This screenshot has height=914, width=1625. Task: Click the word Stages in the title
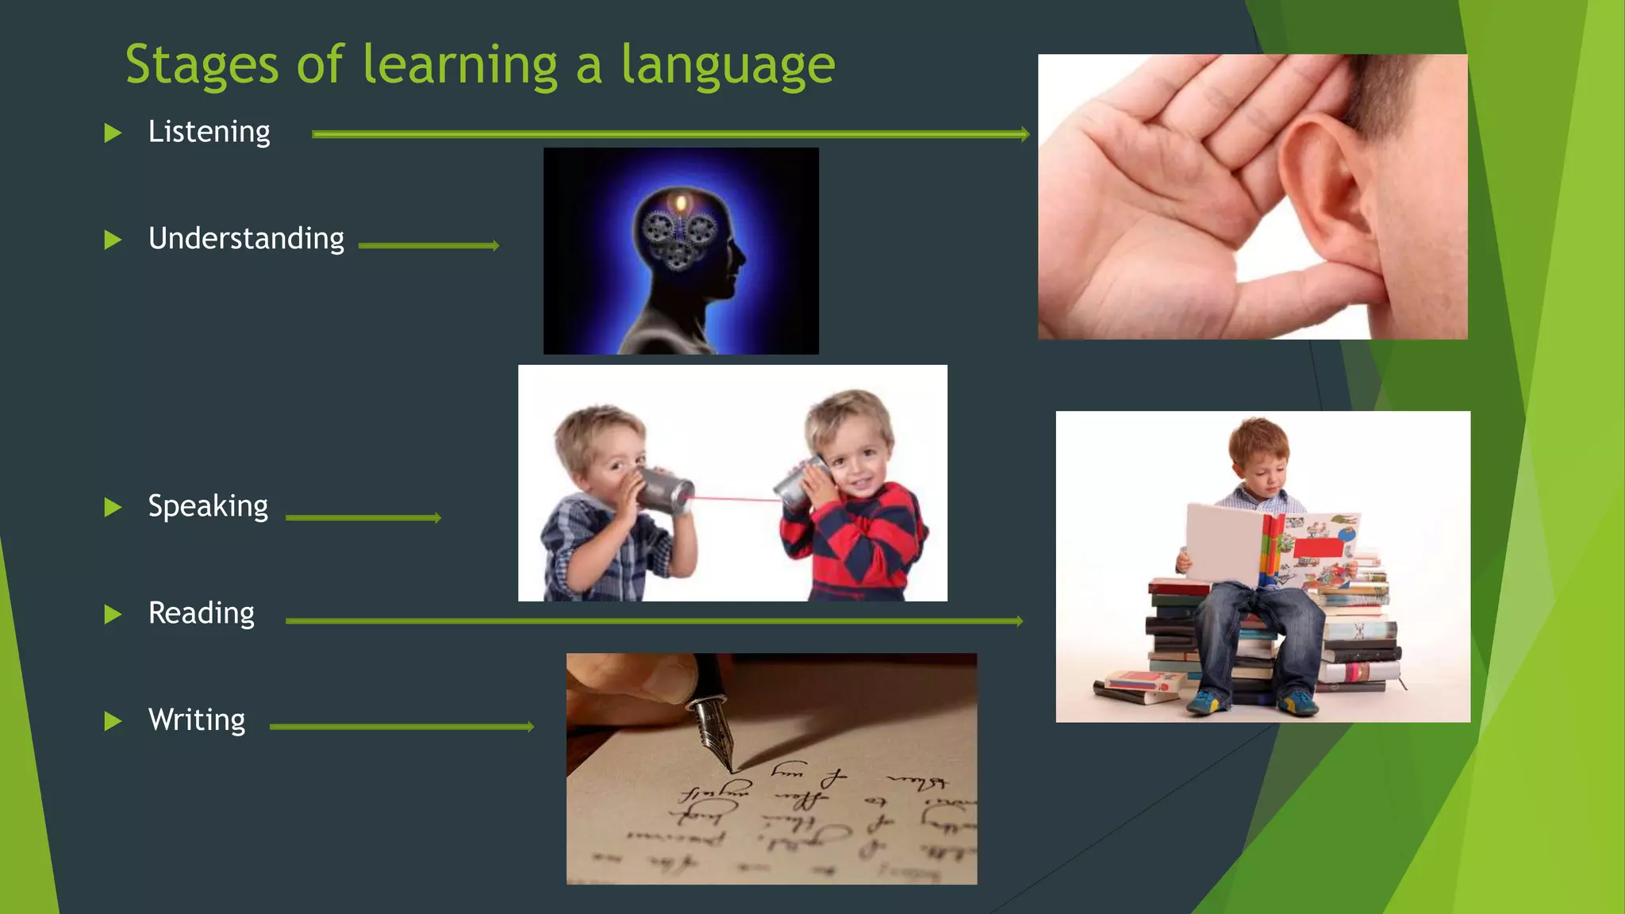(202, 65)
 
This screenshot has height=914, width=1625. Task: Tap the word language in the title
(728, 67)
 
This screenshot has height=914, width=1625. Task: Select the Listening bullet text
(209, 132)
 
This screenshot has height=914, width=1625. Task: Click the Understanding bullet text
(246, 239)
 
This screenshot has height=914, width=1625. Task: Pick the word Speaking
(208, 506)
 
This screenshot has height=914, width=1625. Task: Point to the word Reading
(202, 613)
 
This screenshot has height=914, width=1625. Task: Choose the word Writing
(197, 720)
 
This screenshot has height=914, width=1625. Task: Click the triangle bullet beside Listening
(113, 133)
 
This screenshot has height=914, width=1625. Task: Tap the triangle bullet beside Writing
(113, 721)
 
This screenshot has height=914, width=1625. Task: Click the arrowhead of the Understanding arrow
(495, 246)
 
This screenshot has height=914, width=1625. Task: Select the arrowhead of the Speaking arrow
(436, 518)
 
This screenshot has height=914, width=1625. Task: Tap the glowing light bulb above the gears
(680, 204)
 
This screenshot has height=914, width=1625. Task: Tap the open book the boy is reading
(1270, 547)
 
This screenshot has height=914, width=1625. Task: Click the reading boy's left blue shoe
(1207, 701)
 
